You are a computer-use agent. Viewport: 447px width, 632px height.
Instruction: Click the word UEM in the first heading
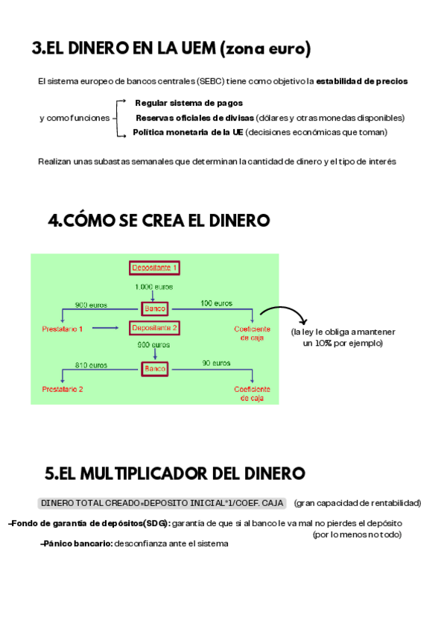click(194, 49)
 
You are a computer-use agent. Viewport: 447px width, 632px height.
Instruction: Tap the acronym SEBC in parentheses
click(211, 81)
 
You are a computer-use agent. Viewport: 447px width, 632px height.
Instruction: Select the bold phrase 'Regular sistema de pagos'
click(188, 103)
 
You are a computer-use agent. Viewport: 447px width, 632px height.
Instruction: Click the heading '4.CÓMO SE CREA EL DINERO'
click(159, 221)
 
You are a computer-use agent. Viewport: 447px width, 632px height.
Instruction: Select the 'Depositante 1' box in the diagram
click(154, 268)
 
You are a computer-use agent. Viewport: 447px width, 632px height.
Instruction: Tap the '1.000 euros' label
click(154, 287)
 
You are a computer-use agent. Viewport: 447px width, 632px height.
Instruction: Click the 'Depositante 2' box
click(154, 328)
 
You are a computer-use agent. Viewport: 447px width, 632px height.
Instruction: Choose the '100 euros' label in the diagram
click(216, 303)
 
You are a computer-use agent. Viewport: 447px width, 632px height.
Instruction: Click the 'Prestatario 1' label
click(63, 329)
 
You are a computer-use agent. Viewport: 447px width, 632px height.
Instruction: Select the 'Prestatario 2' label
click(63, 389)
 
